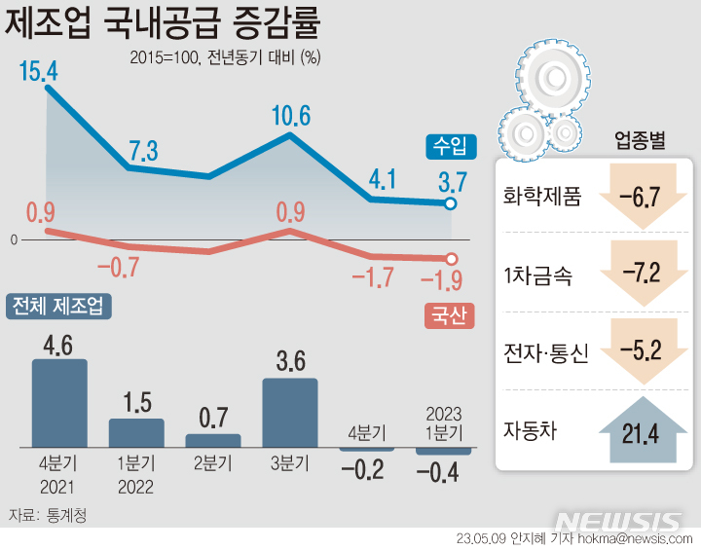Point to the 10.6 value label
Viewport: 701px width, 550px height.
[290, 118]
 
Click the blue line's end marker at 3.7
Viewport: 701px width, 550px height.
[451, 203]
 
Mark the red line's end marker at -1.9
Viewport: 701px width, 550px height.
[451, 259]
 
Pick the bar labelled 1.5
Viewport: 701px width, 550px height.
[136, 432]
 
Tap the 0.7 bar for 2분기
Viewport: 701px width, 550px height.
[213, 440]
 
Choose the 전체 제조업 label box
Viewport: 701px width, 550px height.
[59, 307]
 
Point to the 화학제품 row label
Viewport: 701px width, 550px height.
[541, 197]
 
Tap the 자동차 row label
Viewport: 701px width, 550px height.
[531, 429]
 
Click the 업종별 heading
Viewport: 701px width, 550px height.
[640, 140]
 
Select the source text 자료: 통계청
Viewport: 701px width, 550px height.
[48, 515]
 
